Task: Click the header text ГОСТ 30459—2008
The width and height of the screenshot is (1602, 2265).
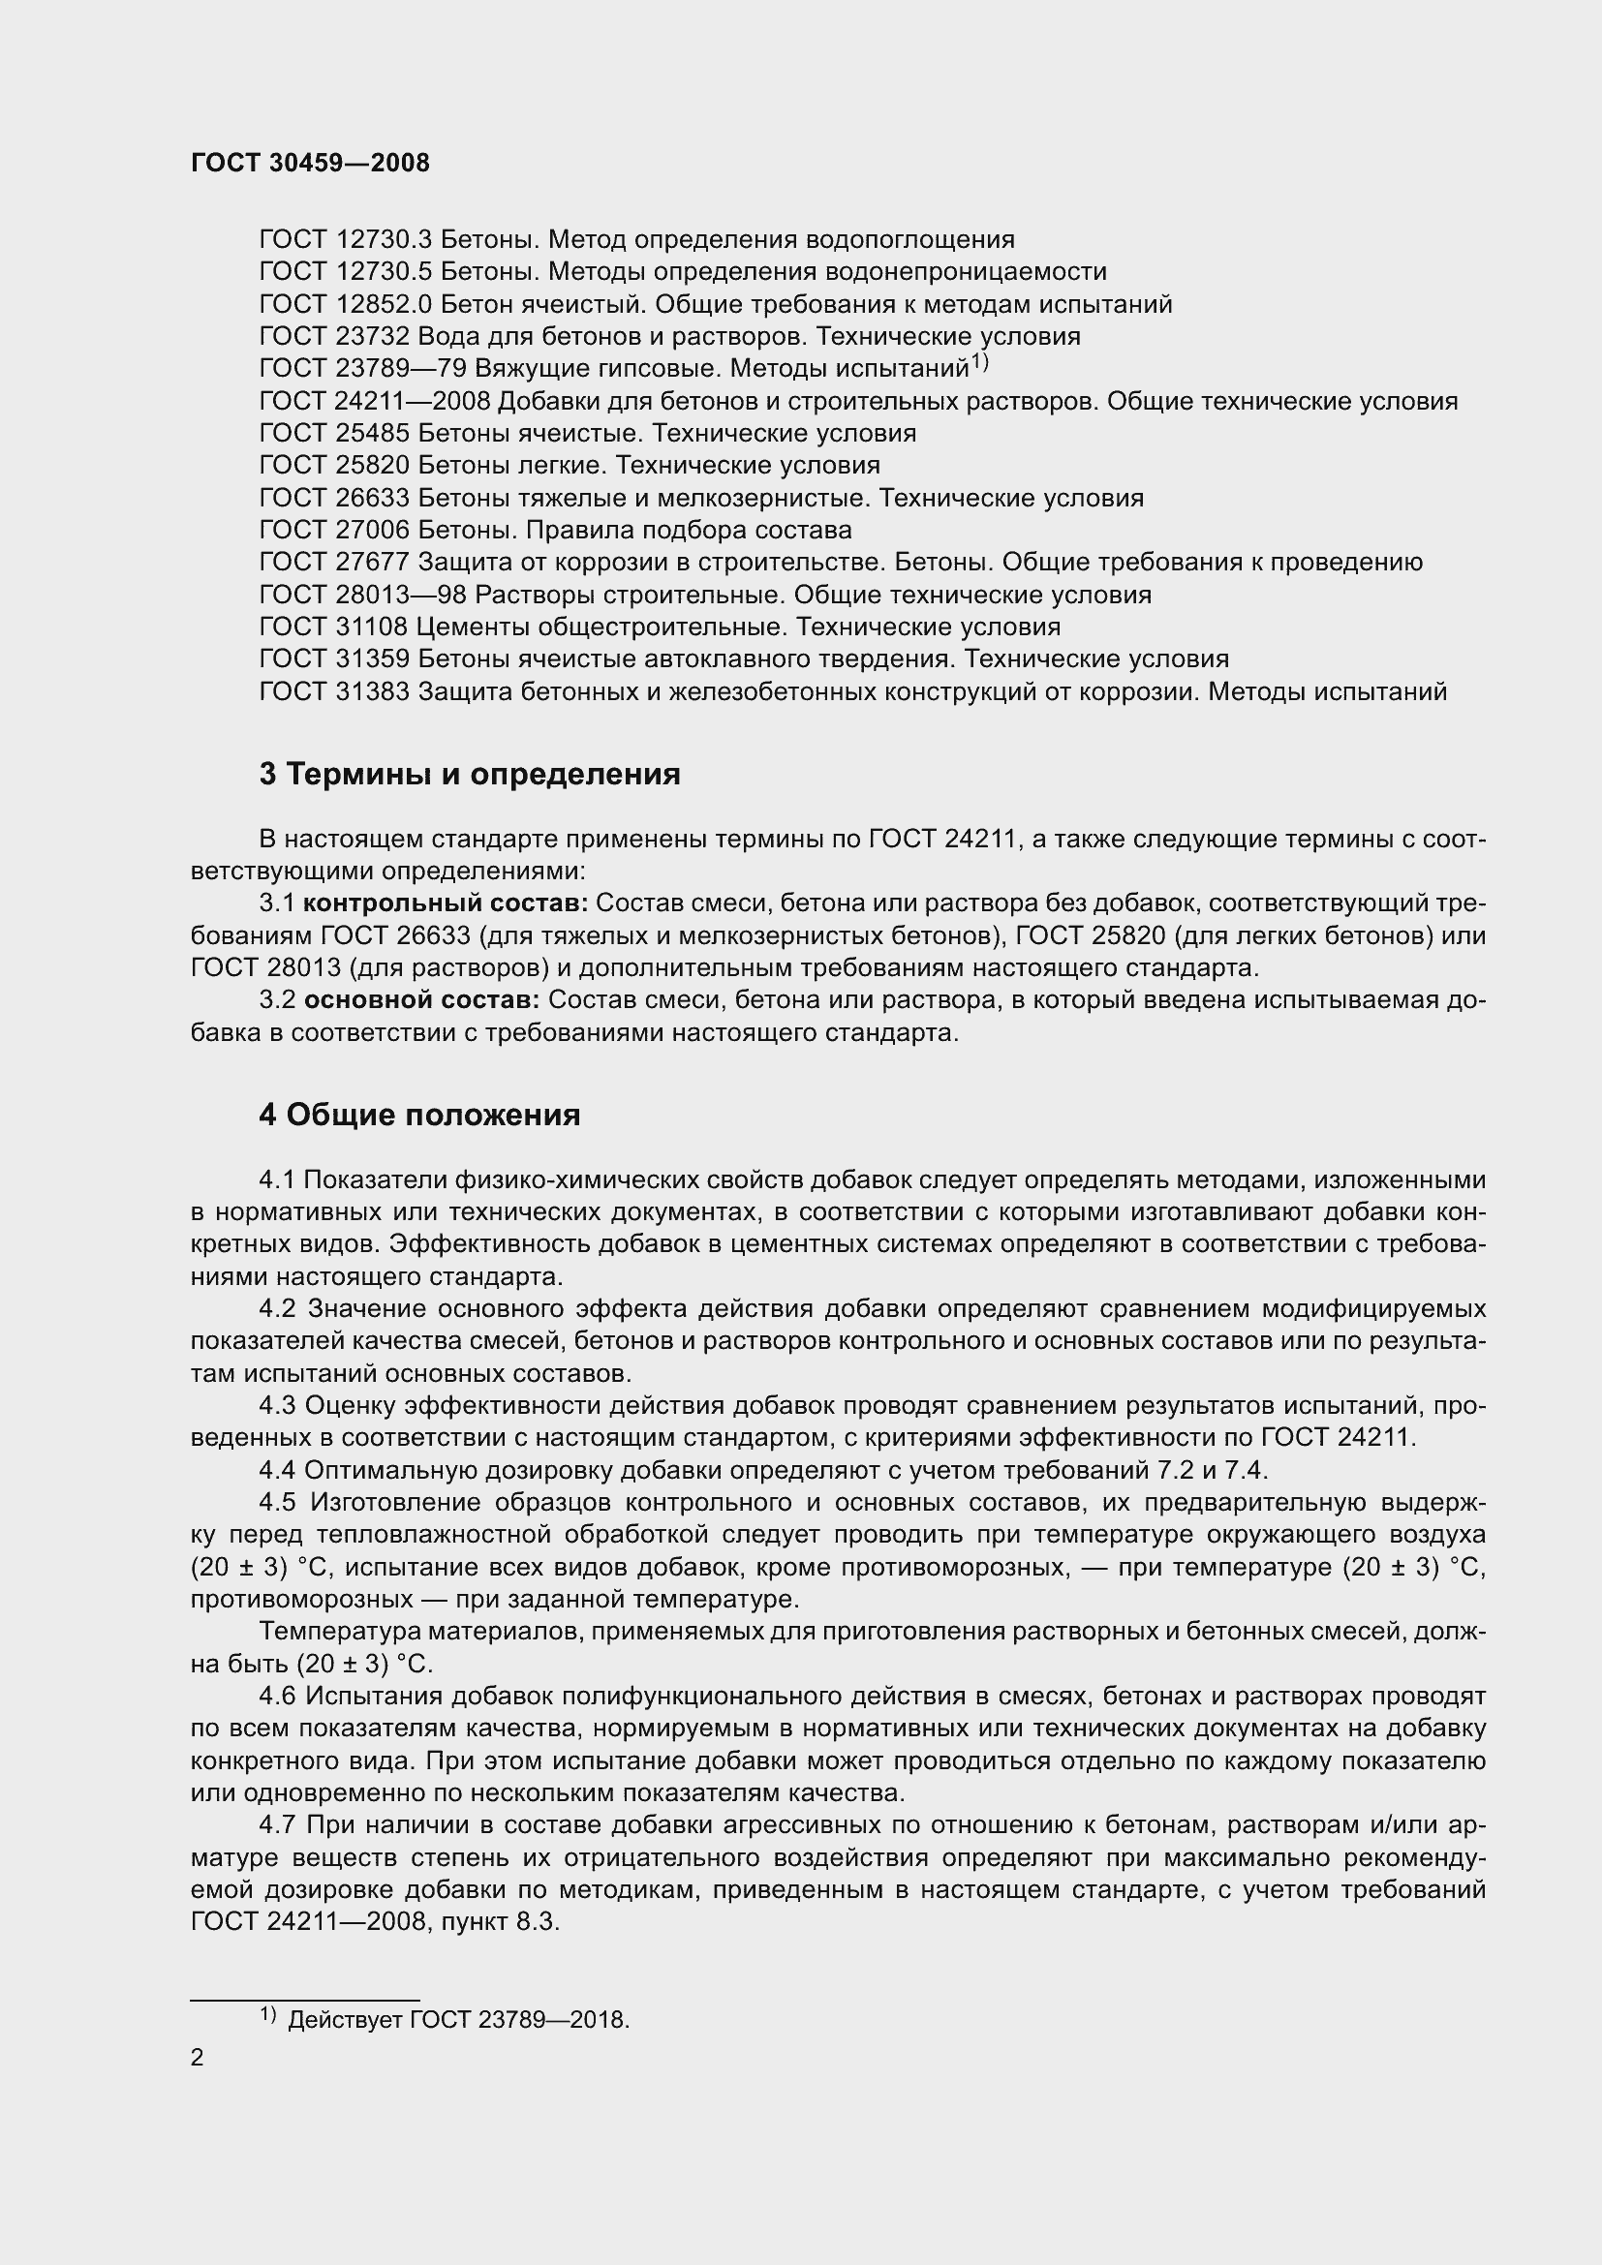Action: tap(310, 163)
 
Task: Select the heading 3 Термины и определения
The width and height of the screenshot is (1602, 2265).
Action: tap(470, 775)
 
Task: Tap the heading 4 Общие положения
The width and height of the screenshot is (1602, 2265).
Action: tap(419, 1115)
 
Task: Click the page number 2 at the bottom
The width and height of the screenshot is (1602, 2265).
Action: tap(198, 2058)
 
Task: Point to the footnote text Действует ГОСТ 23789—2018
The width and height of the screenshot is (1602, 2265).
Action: tap(458, 2020)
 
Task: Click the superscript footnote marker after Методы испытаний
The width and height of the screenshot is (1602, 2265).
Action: tap(979, 363)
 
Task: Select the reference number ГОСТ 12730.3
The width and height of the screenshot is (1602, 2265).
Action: tap(345, 240)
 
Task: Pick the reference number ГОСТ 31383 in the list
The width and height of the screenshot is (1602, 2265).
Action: tap(333, 691)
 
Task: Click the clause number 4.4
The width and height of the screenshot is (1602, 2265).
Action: tap(277, 1471)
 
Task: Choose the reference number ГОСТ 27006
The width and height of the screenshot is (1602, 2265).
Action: tap(333, 530)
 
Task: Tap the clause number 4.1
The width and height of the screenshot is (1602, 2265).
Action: tap(277, 1179)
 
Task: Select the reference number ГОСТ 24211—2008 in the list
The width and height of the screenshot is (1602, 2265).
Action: tap(374, 402)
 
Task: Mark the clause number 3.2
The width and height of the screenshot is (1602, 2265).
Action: tap(277, 1000)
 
